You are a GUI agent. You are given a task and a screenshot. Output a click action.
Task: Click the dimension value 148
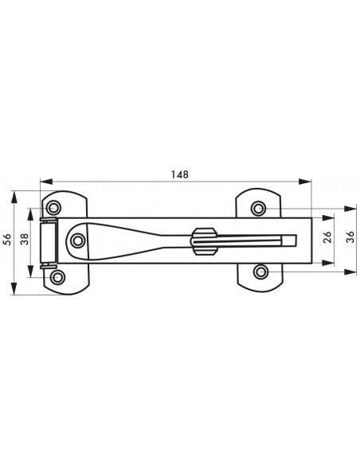click(x=180, y=174)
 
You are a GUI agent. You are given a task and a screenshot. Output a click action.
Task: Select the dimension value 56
click(x=8, y=240)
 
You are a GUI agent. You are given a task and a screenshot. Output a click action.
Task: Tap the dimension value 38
click(x=25, y=239)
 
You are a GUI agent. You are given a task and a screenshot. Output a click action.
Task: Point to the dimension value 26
click(x=327, y=237)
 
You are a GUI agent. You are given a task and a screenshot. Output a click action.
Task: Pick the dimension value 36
click(x=350, y=237)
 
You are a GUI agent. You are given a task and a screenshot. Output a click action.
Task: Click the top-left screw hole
click(x=54, y=207)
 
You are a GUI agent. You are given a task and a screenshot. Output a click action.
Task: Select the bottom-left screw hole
click(x=57, y=277)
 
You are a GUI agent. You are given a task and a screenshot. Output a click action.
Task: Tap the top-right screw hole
click(x=258, y=208)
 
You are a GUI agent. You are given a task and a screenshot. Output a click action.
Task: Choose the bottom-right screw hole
click(x=261, y=272)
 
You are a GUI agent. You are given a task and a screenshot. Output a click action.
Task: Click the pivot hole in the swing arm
click(x=78, y=240)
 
